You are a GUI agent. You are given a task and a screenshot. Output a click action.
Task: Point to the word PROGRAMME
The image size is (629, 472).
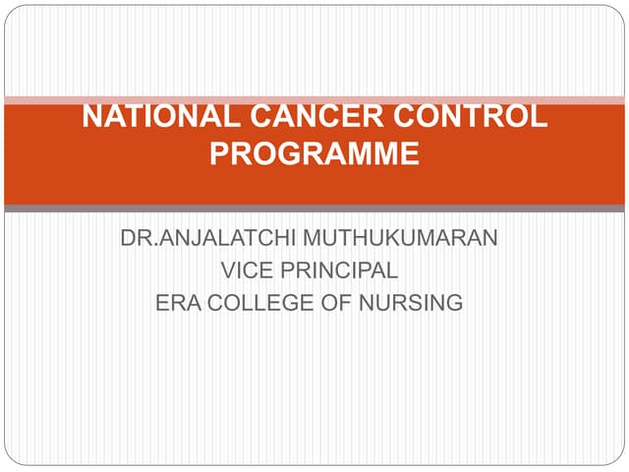pyautogui.click(x=314, y=154)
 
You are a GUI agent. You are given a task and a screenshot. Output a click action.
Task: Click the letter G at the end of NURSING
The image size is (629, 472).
pyautogui.click(x=454, y=303)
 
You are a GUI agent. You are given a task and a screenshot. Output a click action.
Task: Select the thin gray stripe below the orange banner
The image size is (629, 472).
pyautogui.click(x=314, y=208)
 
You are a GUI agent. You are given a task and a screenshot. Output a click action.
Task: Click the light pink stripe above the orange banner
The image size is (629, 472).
pyautogui.click(x=314, y=99)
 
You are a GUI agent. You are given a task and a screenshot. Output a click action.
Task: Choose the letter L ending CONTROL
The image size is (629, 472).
pyautogui.click(x=540, y=117)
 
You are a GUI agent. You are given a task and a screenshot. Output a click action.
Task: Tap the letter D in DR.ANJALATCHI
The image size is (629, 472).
pyautogui.click(x=128, y=238)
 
